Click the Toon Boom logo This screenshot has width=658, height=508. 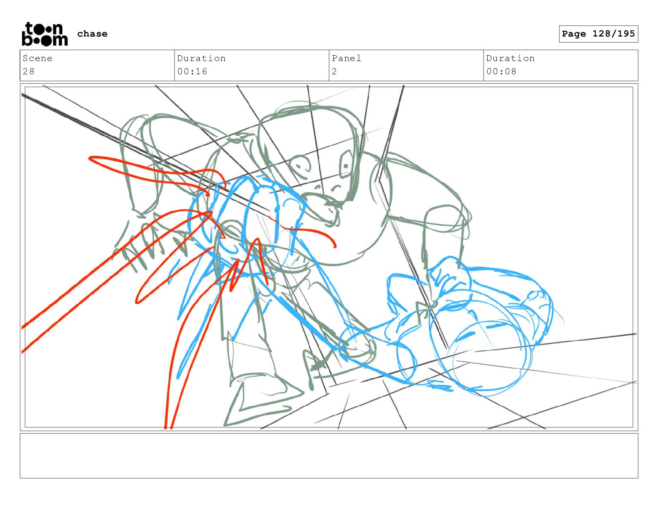tap(45, 34)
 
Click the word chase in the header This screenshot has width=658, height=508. tap(92, 34)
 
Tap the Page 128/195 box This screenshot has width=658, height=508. tap(598, 34)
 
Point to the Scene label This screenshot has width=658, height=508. tap(37, 58)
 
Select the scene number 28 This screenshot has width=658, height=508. tap(29, 71)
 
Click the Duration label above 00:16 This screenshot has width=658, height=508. tap(201, 58)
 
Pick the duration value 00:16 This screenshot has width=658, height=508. tap(192, 71)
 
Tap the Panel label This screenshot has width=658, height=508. tap(346, 58)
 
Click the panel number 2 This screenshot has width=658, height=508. tap(334, 71)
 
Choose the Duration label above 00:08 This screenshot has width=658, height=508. tap(511, 58)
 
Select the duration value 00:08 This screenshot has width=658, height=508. tap(501, 71)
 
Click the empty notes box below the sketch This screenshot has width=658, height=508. tap(329, 456)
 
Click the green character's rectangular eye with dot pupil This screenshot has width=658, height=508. tap(346, 164)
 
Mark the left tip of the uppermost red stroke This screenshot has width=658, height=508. tap(90, 158)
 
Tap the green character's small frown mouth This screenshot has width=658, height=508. tap(336, 188)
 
